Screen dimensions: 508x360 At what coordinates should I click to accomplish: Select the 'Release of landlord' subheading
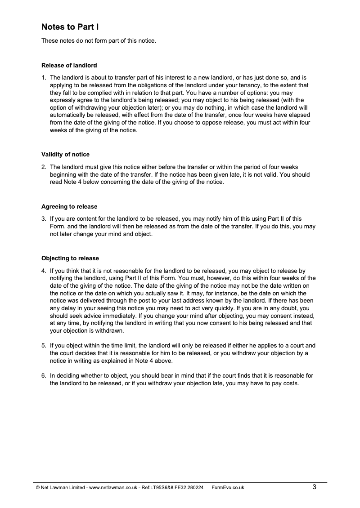[x=69, y=65]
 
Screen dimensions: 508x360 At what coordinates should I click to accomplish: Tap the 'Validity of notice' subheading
[x=65, y=155]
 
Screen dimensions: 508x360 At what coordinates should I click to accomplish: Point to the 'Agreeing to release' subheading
[x=69, y=206]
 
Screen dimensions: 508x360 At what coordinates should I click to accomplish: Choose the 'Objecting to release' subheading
[x=70, y=258]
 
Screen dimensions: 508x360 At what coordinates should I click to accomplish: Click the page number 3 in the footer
[x=315, y=486]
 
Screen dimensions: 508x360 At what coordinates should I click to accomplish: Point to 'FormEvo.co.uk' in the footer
[x=228, y=487]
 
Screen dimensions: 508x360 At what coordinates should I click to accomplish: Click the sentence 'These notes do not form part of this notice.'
[x=99, y=41]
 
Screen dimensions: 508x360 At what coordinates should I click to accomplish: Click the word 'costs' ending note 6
[x=290, y=383]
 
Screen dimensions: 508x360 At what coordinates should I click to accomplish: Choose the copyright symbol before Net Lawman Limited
[x=38, y=487]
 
